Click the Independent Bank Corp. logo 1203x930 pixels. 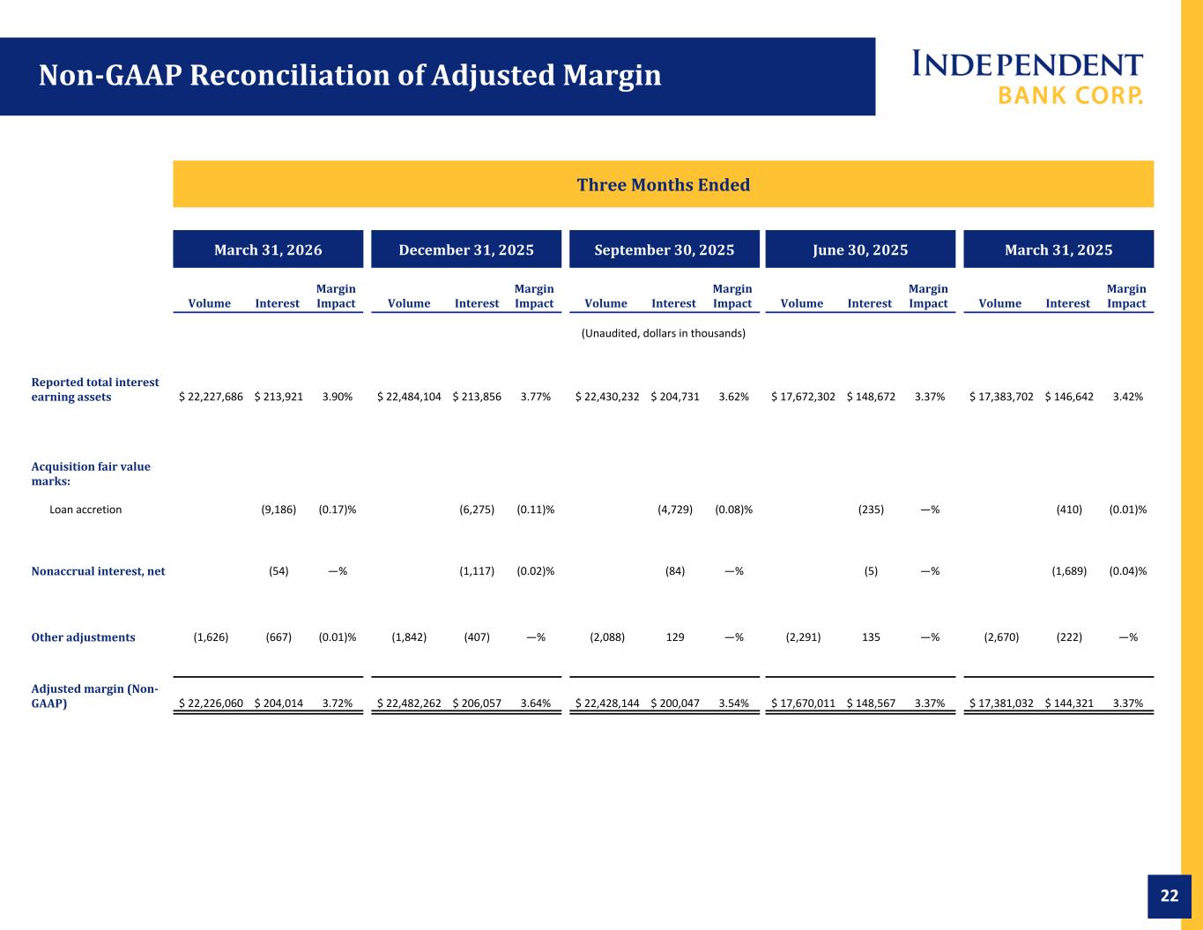click(1027, 78)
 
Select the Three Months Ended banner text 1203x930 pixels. click(664, 184)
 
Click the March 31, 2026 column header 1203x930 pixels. click(268, 249)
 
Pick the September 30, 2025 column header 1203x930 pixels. click(665, 249)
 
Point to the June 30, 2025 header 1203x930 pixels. click(860, 249)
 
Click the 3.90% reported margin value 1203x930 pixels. click(338, 397)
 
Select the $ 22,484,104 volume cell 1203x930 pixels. click(409, 397)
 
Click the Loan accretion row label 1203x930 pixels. click(85, 510)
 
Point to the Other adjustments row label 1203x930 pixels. click(83, 637)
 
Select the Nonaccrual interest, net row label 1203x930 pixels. click(98, 570)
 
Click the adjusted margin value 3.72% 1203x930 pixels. click(338, 703)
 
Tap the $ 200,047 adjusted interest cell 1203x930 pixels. click(675, 703)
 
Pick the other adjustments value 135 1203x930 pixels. click(871, 637)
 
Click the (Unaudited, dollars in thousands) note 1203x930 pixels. click(664, 333)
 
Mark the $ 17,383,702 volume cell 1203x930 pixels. click(1001, 397)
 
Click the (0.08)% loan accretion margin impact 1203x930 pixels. click(733, 510)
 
